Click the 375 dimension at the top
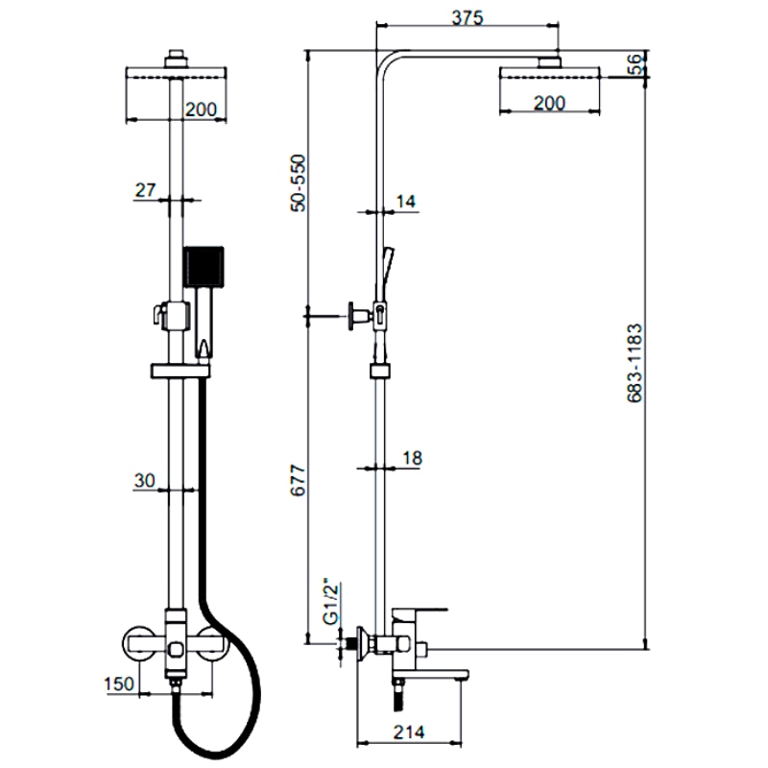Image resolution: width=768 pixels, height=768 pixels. (467, 17)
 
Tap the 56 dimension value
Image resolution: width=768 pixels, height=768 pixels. (635, 65)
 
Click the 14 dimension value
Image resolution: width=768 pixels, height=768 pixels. (406, 201)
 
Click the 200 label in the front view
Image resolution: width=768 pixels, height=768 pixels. (201, 109)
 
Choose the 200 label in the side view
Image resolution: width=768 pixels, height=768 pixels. (548, 104)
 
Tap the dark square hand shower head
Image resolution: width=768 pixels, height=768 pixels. (204, 265)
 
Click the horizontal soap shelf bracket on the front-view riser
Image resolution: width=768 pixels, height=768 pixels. (180, 370)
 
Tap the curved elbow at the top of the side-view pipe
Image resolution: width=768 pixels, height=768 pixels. (386, 60)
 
